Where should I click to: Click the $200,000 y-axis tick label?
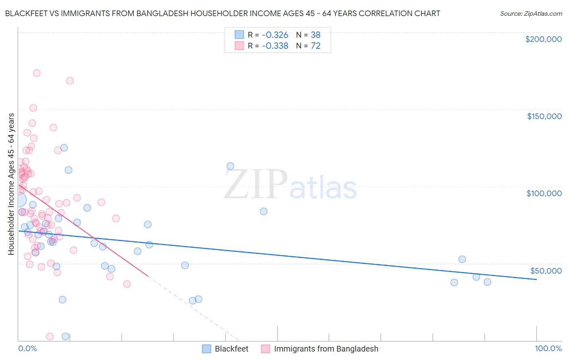point(543,39)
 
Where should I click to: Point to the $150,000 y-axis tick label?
point(544,116)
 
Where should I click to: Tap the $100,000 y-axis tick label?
point(544,193)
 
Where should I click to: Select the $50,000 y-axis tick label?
point(546,271)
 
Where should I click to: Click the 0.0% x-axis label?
point(27,348)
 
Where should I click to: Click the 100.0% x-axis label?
point(548,348)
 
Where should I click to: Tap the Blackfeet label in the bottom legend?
point(231,349)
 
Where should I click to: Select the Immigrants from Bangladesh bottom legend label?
point(326,349)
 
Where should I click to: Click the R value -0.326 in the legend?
point(275,35)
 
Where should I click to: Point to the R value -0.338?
point(275,46)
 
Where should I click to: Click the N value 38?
point(315,35)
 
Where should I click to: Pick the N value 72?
point(315,46)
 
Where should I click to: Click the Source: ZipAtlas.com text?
point(531,14)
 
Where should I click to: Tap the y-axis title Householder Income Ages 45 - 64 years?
point(11,184)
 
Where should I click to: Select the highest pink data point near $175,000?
point(37,73)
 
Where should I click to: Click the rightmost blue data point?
point(487,282)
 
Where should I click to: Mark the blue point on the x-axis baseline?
point(65,337)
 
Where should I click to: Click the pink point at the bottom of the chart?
point(50,336)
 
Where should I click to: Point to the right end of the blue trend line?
point(536,279)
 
